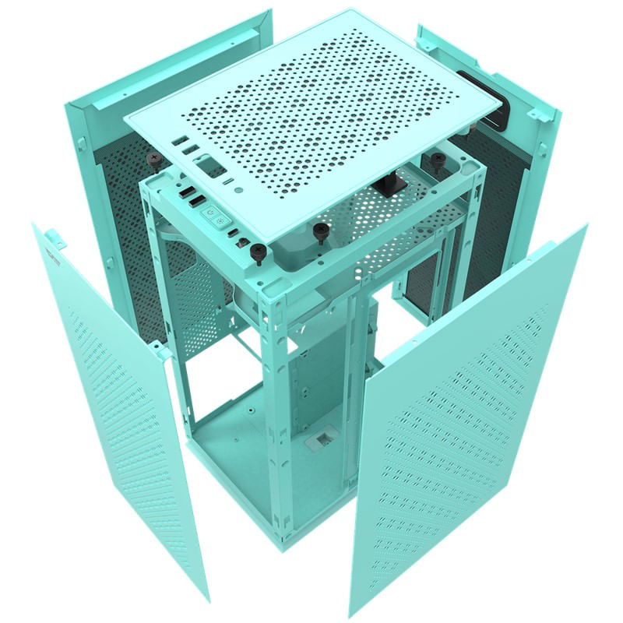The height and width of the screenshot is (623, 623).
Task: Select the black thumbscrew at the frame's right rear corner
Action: pos(438,160)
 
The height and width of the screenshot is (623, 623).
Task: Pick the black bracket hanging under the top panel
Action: pos(385,185)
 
